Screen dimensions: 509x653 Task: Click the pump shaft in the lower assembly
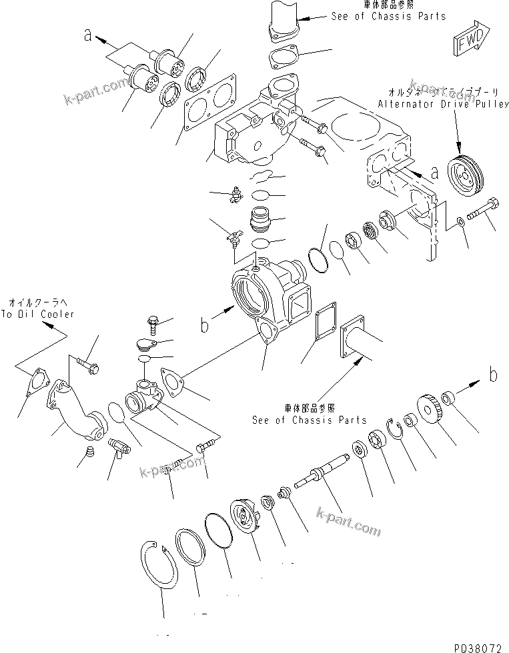tap(330, 470)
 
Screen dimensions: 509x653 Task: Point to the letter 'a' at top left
tap(87, 35)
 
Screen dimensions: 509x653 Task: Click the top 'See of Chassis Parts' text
tap(389, 16)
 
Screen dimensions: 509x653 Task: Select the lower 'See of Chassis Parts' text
tap(310, 420)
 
